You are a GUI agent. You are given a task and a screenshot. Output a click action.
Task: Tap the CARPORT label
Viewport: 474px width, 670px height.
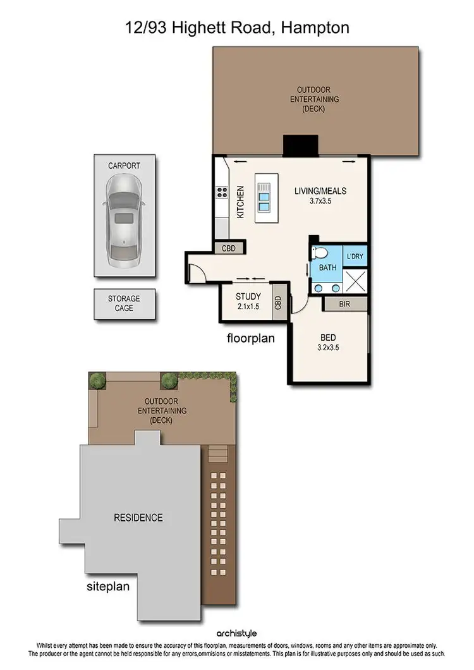(124, 166)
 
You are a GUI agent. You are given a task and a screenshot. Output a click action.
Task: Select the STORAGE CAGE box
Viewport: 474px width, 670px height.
(124, 303)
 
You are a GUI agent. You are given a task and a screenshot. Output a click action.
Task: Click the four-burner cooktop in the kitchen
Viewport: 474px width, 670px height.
(222, 193)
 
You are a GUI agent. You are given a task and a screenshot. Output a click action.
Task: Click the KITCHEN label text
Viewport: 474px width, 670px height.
(240, 202)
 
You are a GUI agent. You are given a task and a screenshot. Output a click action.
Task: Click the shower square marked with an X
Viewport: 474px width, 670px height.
(355, 279)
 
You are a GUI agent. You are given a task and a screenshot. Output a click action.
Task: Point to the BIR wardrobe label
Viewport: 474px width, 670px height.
(345, 304)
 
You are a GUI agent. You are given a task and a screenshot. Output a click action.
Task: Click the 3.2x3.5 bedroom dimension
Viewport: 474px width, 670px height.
(329, 347)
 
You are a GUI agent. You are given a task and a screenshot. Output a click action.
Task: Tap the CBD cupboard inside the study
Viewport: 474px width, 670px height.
(277, 305)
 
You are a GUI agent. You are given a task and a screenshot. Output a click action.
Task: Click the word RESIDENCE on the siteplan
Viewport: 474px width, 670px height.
(138, 518)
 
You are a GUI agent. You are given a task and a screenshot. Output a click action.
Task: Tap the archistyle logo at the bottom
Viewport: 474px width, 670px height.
(236, 633)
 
